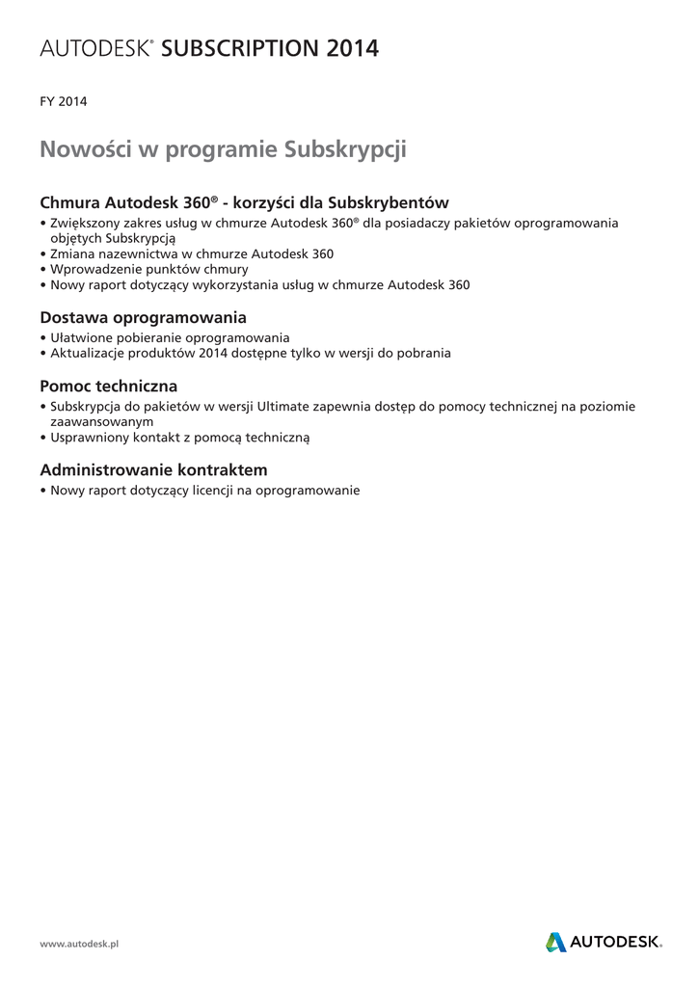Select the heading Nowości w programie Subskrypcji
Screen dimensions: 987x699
pyautogui.click(x=224, y=150)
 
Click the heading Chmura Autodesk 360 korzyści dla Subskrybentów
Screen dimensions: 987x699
pyautogui.click(x=244, y=203)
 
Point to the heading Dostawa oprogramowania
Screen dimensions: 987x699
pyautogui.click(x=143, y=317)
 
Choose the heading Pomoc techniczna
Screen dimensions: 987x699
pyautogui.click(x=108, y=386)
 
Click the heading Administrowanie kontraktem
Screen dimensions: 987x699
pyautogui.click(x=153, y=469)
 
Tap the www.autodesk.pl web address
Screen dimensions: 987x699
pyautogui.click(x=79, y=944)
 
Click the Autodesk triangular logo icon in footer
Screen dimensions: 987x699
pyautogui.click(x=556, y=942)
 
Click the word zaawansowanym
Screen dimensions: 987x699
pyautogui.click(x=102, y=421)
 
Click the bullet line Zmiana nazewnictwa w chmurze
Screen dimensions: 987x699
pyautogui.click(x=191, y=253)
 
